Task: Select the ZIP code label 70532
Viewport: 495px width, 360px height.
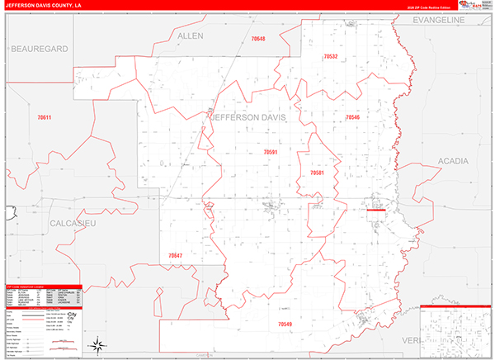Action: point(329,56)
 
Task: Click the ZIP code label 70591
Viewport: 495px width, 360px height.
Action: point(271,152)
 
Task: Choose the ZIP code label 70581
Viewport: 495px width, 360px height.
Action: point(318,173)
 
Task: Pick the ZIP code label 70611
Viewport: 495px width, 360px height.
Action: point(44,117)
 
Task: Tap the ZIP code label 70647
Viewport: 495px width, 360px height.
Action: point(175,256)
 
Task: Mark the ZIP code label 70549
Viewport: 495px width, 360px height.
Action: point(285,324)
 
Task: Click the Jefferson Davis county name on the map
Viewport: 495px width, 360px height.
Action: point(249,117)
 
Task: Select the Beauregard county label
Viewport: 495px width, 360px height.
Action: point(38,50)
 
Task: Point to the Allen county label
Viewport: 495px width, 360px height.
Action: point(190,37)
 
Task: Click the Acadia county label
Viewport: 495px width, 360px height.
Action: point(454,160)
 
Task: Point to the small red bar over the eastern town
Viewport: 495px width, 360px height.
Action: point(376,210)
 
